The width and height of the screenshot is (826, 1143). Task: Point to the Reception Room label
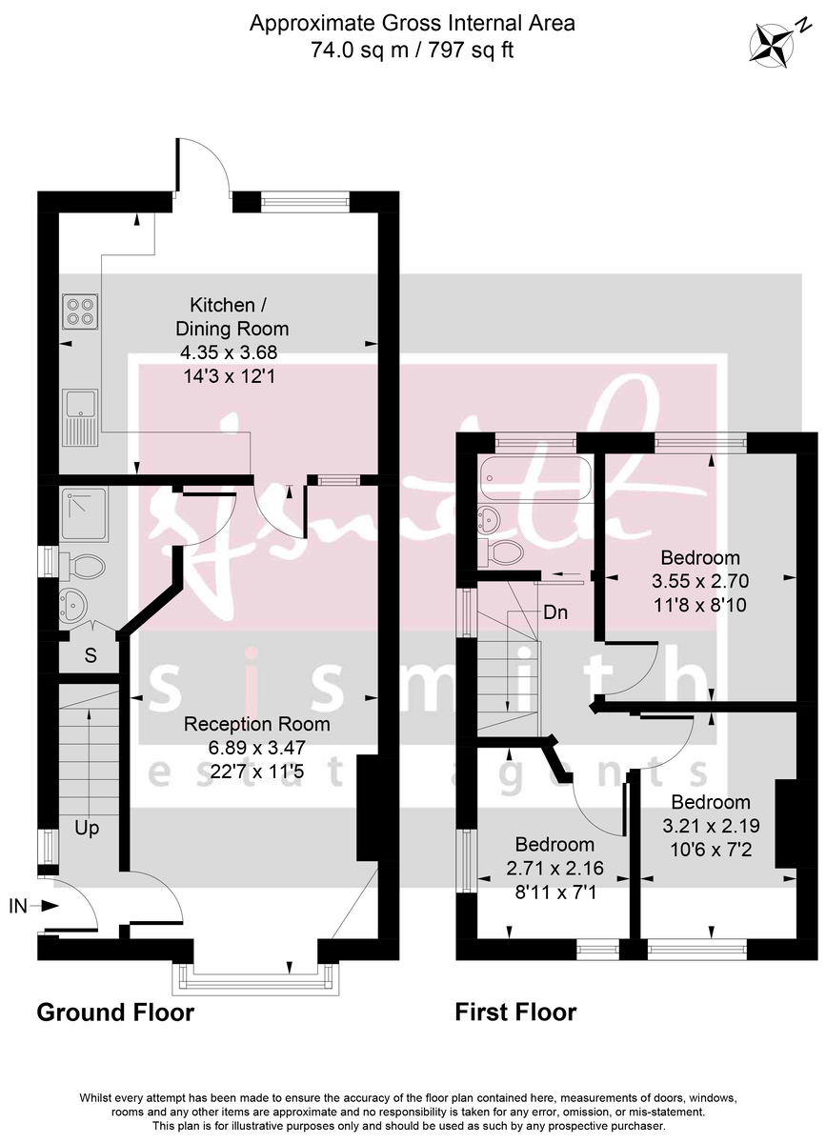257,724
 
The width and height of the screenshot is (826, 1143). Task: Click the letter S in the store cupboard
91,655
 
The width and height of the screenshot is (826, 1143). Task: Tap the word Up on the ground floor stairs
87,829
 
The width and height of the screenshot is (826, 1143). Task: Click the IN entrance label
19,906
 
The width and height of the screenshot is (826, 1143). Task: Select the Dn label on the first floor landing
555,612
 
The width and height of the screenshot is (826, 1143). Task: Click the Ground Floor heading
115,1012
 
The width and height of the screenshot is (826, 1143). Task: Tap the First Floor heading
515,1012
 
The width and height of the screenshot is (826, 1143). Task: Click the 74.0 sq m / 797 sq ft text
413,50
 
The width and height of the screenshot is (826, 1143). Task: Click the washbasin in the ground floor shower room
75,603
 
